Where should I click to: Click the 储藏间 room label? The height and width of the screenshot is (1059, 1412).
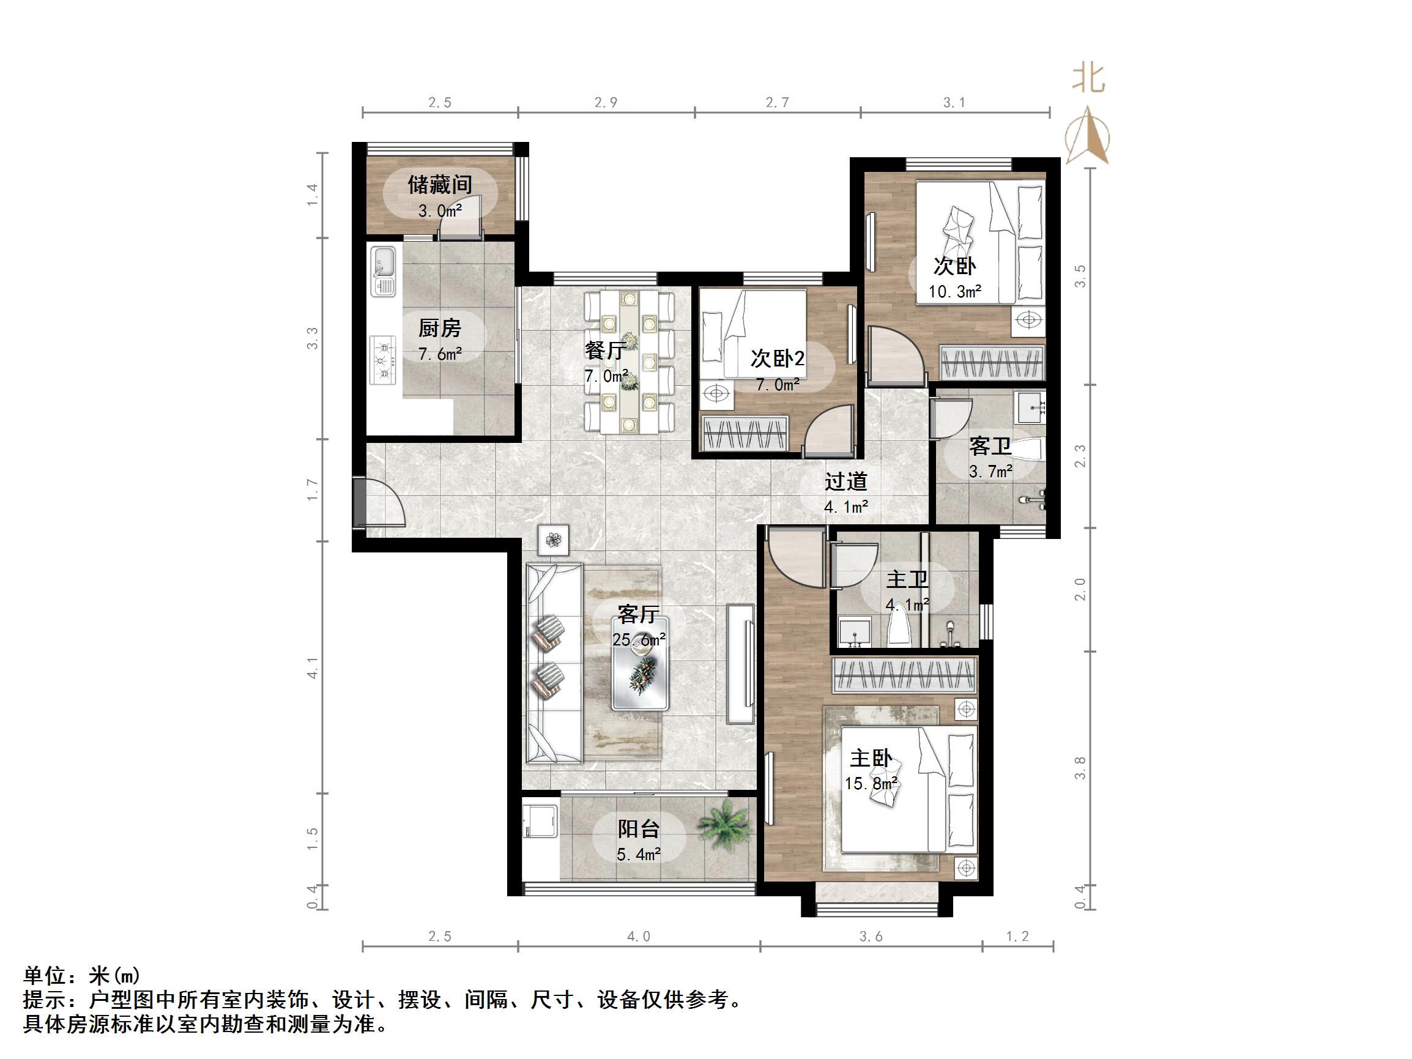coord(440,185)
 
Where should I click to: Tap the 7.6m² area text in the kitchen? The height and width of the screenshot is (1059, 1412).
coord(440,354)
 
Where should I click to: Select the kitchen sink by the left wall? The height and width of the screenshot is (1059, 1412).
coord(383,271)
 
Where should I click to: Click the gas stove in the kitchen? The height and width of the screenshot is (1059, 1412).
coord(384,361)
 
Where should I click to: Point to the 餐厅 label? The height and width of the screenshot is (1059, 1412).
coord(604,351)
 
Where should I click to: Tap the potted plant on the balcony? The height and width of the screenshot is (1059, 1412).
coord(723,827)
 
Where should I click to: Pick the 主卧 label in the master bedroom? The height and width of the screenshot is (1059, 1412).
coord(871,759)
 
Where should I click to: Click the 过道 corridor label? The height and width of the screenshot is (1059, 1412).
coord(846,481)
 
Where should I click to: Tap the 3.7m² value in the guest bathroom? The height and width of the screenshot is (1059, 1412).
coord(990,472)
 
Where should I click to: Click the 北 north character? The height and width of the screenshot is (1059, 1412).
coord(1089,80)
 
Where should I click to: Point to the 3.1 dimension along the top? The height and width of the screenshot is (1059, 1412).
coord(954,102)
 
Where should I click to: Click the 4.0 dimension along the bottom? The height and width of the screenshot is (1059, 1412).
coord(638,937)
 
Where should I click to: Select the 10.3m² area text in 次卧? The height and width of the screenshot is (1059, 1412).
coord(954,292)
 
